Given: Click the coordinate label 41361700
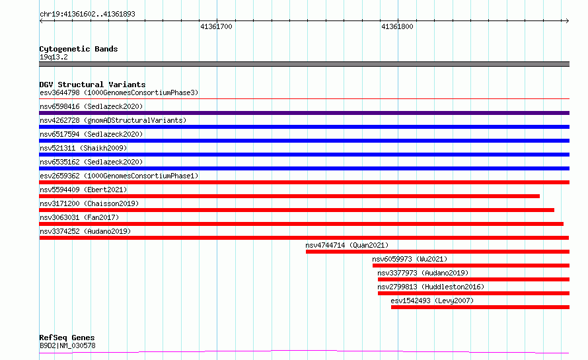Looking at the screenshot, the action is coord(216,26).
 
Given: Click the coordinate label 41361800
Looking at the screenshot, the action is coord(397,26).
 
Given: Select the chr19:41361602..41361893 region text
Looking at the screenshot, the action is coord(87,14).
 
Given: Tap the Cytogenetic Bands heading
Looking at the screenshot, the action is coord(79,49).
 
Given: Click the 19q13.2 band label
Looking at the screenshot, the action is coord(54,57).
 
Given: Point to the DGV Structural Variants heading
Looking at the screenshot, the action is coord(92,85).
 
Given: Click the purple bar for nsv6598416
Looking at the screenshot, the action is coord(304,113).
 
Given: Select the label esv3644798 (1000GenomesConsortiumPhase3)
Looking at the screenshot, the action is coord(119,92).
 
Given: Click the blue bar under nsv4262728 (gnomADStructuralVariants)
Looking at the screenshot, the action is coord(304,127).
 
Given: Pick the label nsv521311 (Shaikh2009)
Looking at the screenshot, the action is coord(83,148).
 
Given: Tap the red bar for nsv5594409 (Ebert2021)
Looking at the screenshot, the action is coord(289,196).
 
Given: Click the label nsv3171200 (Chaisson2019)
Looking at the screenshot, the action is coord(89,203).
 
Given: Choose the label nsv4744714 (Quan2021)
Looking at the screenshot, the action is coord(347,245).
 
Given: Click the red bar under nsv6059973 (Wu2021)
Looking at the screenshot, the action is coord(471,266).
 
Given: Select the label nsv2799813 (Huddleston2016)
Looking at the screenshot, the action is coord(431,287).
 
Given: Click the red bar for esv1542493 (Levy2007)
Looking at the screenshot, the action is coord(480,307).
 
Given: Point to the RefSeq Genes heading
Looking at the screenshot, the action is coord(67,338).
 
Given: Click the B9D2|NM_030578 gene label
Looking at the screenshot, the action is coord(67,345).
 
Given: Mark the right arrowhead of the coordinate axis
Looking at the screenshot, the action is coord(568,21).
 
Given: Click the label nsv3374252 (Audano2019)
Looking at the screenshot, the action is coord(85,231).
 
